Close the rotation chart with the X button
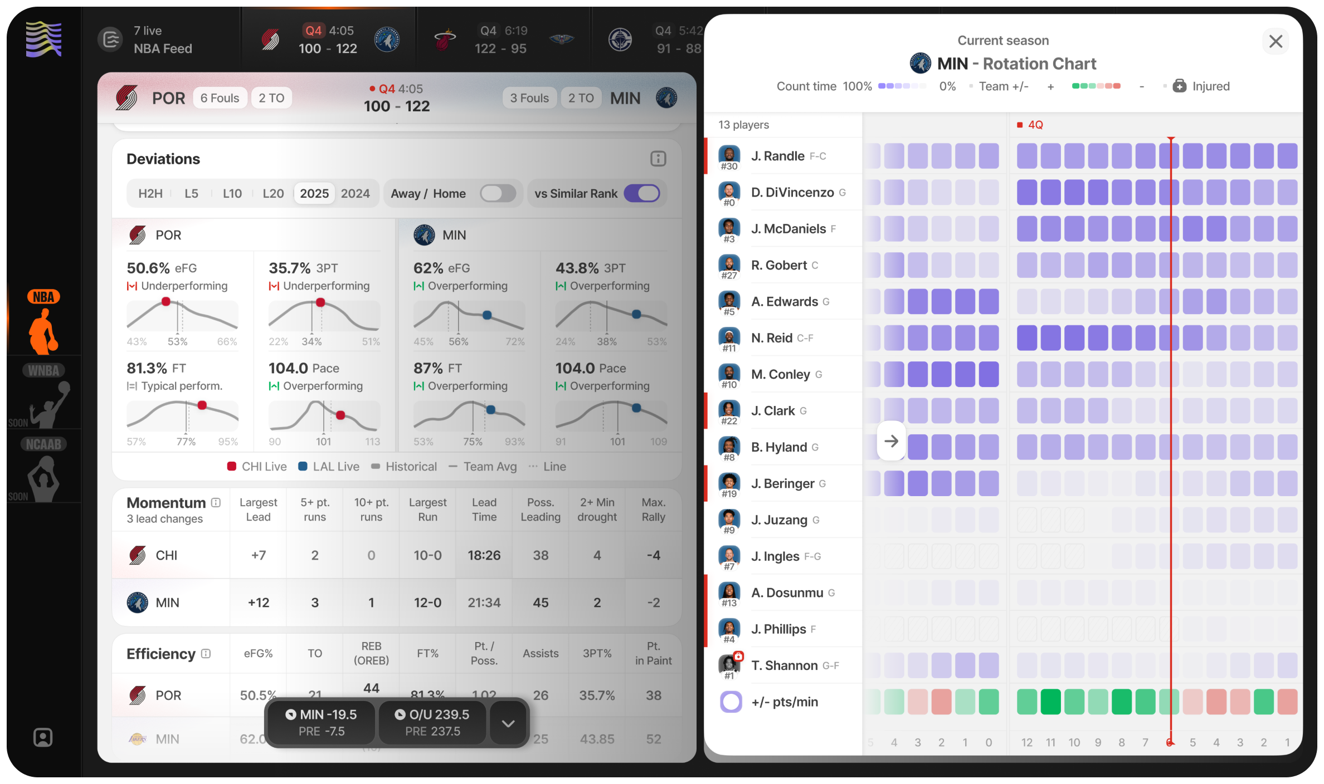pyautogui.click(x=1275, y=42)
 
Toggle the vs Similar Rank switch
pyautogui.click(x=641, y=193)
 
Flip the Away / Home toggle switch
pyautogui.click(x=498, y=193)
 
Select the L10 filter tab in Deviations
pyautogui.click(x=232, y=193)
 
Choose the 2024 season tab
pyautogui.click(x=355, y=193)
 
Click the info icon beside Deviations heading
pyautogui.click(x=658, y=159)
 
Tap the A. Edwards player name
pyautogui.click(x=784, y=302)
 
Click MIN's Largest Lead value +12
pyautogui.click(x=259, y=602)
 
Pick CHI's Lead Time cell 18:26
pyautogui.click(x=484, y=555)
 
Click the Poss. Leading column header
pyautogui.click(x=540, y=509)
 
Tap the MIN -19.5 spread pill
pyautogui.click(x=322, y=723)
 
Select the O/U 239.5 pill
pyautogui.click(x=432, y=723)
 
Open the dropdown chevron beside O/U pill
pyautogui.click(x=508, y=723)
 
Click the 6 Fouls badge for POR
pyautogui.click(x=220, y=98)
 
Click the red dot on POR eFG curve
pyautogui.click(x=165, y=302)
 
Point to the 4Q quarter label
pyautogui.click(x=1035, y=125)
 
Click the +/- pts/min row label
pyautogui.click(x=784, y=702)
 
